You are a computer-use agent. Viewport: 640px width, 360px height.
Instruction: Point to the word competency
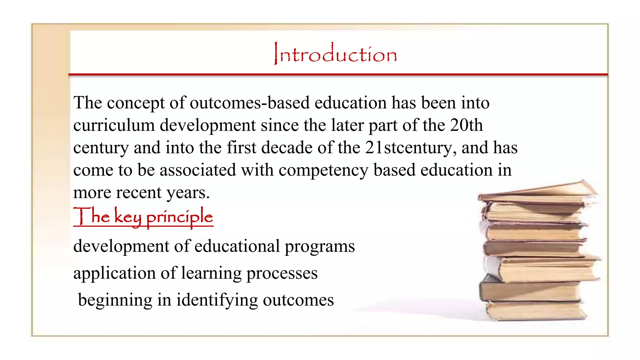pos(323,170)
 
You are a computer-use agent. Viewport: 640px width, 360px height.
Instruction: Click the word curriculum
pos(114,125)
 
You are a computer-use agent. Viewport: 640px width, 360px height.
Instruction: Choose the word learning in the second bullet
pos(211,273)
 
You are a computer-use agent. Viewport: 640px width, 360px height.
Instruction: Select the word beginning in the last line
pos(115,300)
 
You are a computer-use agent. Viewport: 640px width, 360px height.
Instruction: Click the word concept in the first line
pos(136,103)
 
